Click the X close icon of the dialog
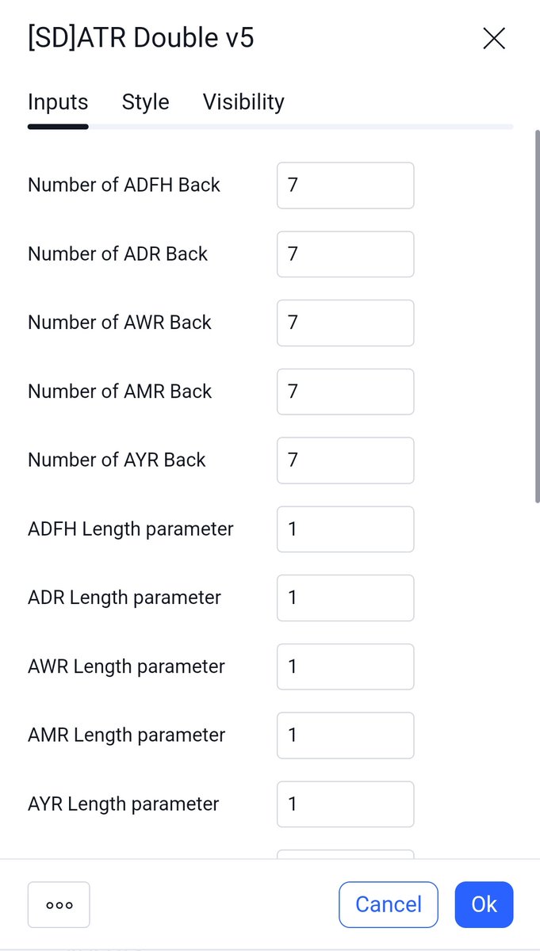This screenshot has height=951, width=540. pyautogui.click(x=493, y=38)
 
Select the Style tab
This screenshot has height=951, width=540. pyautogui.click(x=145, y=102)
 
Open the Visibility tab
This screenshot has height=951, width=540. pyautogui.click(x=243, y=102)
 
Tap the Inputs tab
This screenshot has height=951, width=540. pyautogui.click(x=58, y=102)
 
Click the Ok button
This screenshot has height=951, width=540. pyautogui.click(x=484, y=904)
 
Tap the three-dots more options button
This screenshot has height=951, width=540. pyautogui.click(x=59, y=904)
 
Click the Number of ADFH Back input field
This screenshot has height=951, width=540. pyautogui.click(x=345, y=185)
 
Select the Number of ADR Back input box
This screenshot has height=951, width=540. pyautogui.click(x=345, y=254)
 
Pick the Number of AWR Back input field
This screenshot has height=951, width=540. pyautogui.click(x=345, y=323)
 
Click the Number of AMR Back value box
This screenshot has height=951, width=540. pyautogui.click(x=345, y=391)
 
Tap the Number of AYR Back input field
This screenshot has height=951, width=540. pyautogui.click(x=345, y=460)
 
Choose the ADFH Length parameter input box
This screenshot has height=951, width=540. pyautogui.click(x=345, y=529)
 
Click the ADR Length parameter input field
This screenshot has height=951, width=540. pyautogui.click(x=345, y=598)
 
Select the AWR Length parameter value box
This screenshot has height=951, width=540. pyautogui.click(x=345, y=666)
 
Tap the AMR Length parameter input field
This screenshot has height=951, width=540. pyautogui.click(x=345, y=735)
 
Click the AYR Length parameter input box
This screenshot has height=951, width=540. pyautogui.click(x=345, y=804)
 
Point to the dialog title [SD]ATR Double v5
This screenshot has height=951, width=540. pyautogui.click(x=141, y=38)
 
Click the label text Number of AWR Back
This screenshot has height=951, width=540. pyautogui.click(x=120, y=323)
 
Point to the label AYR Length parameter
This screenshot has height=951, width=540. pyautogui.click(x=123, y=804)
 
